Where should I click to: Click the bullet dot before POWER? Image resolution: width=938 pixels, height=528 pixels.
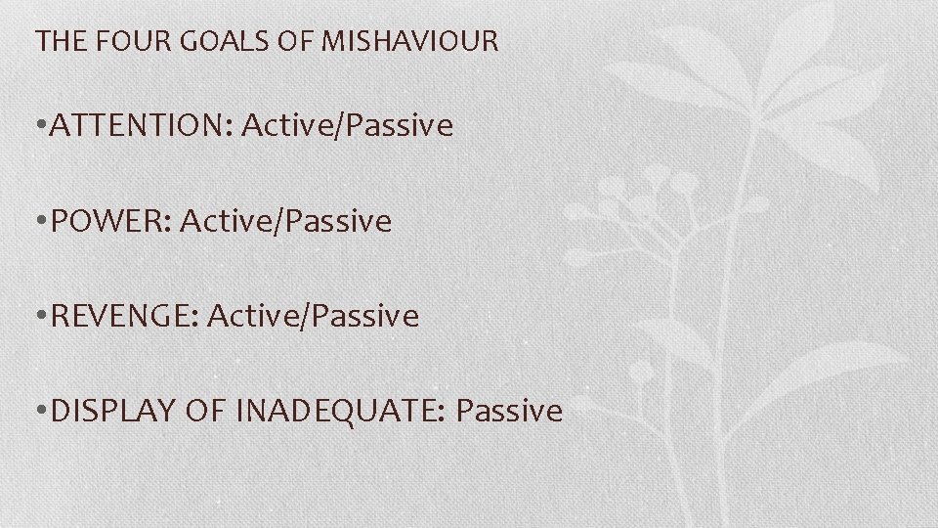pos(39,222)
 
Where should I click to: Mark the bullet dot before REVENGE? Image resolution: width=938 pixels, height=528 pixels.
pos(39,317)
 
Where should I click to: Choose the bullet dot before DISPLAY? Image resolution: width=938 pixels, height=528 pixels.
pos(39,412)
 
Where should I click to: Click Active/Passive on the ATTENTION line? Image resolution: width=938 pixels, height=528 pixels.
pos(347,126)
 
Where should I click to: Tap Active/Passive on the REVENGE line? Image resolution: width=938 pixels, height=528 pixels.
pos(313,316)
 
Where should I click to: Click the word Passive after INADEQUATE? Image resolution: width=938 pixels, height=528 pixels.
pos(509,411)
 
